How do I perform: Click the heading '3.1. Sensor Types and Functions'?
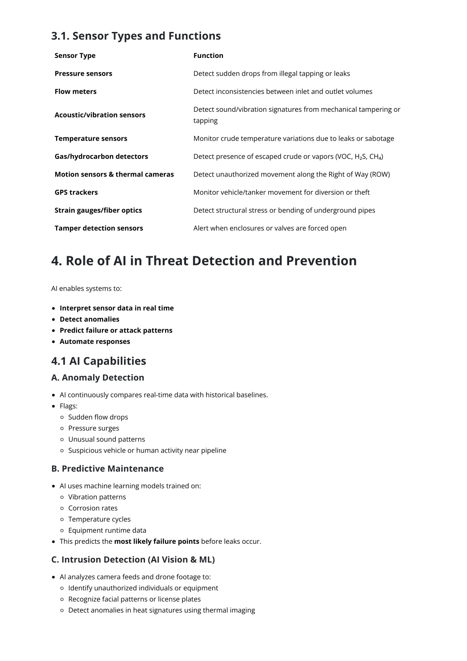tap(136, 36)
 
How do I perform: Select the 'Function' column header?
tap(208, 56)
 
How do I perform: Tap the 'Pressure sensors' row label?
tap(83, 73)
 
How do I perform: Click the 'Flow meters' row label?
tap(75, 91)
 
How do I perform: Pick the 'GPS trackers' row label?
tap(76, 192)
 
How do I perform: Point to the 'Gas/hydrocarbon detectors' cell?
tap(101, 156)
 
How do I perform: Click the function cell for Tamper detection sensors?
tap(270, 228)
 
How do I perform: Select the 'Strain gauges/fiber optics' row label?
tap(98, 210)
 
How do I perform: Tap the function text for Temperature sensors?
tap(293, 139)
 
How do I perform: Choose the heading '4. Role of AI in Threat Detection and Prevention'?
tap(204, 261)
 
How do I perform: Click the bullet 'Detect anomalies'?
tap(89, 319)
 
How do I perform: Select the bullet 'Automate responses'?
tap(95, 342)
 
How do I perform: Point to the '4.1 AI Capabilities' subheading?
tap(99, 361)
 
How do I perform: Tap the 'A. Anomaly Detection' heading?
tap(98, 378)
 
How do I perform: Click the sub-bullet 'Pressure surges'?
tap(93, 428)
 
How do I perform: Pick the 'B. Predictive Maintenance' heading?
tap(107, 468)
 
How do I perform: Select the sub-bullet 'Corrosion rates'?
tap(93, 508)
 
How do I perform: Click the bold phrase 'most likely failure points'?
tap(156, 541)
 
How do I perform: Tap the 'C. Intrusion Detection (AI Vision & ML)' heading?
tap(133, 560)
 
